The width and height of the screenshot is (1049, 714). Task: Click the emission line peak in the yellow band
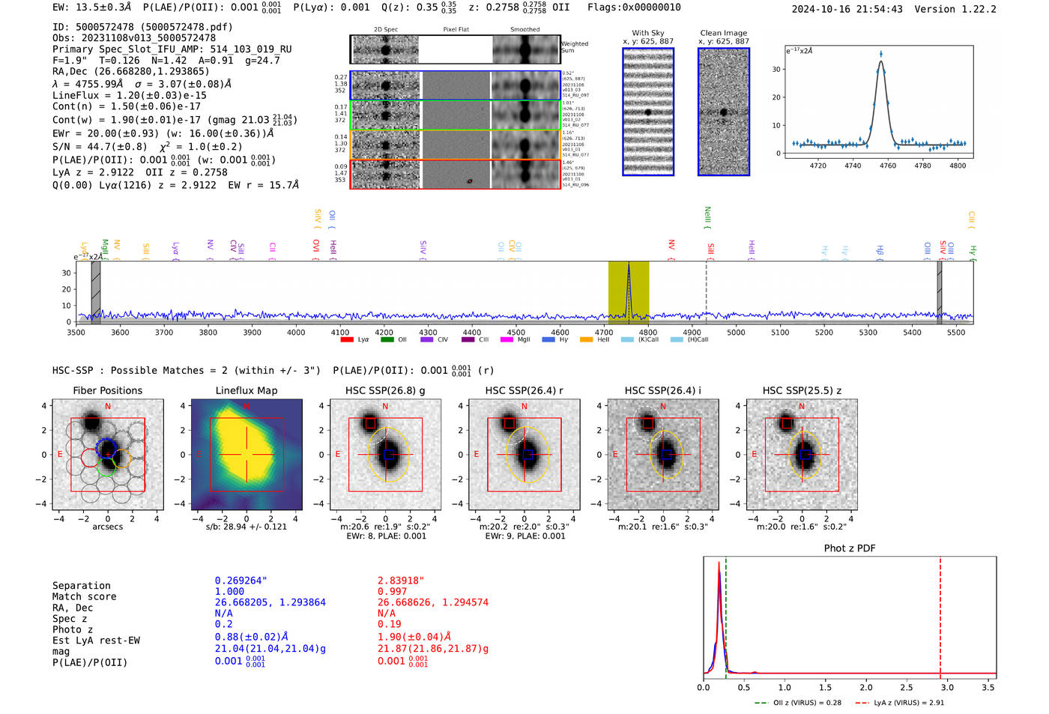click(629, 267)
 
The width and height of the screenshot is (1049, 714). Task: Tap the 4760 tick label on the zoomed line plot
click(887, 166)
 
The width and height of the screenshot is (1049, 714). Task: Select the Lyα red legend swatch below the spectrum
click(347, 339)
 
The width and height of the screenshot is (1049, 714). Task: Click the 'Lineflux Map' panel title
click(246, 390)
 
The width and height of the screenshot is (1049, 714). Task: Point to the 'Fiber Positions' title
click(107, 390)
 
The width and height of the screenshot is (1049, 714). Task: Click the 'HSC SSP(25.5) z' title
click(802, 390)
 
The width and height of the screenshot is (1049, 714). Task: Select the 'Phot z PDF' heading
click(850, 548)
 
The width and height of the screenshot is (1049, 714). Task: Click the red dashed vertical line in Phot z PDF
click(940, 614)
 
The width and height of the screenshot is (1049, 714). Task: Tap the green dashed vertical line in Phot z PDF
click(726, 614)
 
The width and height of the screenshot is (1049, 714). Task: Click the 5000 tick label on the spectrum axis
click(736, 332)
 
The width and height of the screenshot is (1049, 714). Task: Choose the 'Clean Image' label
click(723, 33)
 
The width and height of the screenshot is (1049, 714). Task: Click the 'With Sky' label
click(648, 33)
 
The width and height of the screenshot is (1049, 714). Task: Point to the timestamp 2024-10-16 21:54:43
click(847, 9)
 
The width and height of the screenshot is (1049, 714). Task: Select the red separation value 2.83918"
click(401, 580)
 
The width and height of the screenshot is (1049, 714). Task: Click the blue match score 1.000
click(229, 591)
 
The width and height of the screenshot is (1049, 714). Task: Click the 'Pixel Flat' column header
click(456, 29)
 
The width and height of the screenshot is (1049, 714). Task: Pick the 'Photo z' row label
click(73, 629)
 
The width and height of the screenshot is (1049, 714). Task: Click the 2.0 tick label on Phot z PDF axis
click(866, 687)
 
